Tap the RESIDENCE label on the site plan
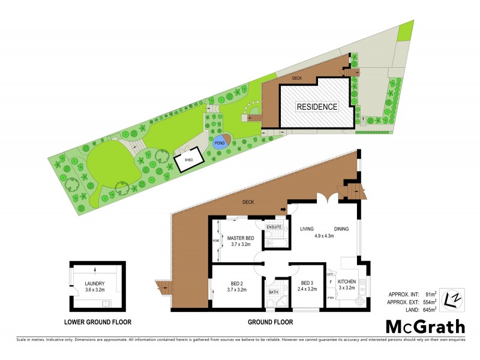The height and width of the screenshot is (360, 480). point(317,107)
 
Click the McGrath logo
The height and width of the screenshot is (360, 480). point(425,327)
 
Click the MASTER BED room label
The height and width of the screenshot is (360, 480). point(240,239)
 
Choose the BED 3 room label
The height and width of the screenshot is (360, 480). point(307,283)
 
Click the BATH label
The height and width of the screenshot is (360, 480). point(274,292)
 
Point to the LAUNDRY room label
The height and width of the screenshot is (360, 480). point(95,284)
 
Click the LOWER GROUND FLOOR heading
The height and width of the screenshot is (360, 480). point(98,322)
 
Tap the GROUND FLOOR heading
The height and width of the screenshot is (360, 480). point(270,322)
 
